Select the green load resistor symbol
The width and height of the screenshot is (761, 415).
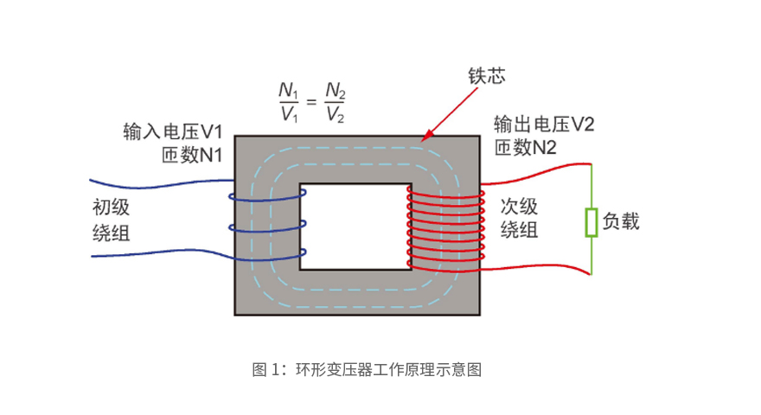pyautogui.click(x=592, y=222)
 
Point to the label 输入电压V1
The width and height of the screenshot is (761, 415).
pyautogui.click(x=174, y=132)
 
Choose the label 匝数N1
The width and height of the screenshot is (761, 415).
pyautogui.click(x=192, y=156)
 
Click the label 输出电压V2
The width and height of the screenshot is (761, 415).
pyautogui.click(x=544, y=124)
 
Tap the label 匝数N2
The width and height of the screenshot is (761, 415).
pyautogui.click(x=525, y=148)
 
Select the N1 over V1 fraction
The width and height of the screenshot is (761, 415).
pyautogui.click(x=288, y=102)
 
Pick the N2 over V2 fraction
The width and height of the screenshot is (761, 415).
pyautogui.click(x=336, y=102)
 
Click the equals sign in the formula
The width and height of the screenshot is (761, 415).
pyautogui.click(x=311, y=102)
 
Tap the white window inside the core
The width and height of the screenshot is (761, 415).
pyautogui.click(x=354, y=227)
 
